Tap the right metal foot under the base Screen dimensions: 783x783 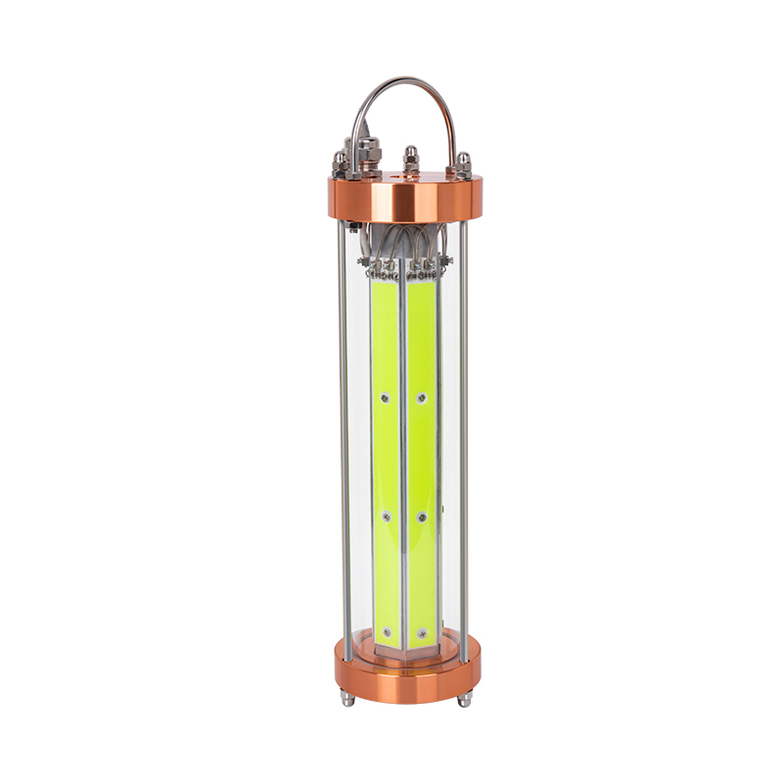coord(464,699)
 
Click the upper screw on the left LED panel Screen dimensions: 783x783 coord(385,397)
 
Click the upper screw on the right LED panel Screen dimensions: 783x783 coord(422,397)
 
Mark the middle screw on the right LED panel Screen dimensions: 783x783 coord(422,516)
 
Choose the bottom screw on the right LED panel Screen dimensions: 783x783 coord(422,633)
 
